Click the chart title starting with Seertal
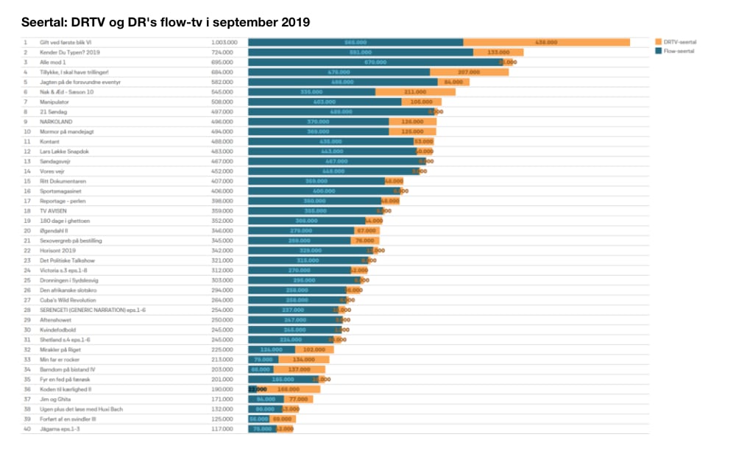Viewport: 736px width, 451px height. click(166, 22)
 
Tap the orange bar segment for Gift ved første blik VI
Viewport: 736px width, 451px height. click(545, 43)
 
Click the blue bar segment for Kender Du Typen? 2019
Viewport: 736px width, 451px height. click(361, 53)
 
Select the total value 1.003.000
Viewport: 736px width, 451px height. click(224, 43)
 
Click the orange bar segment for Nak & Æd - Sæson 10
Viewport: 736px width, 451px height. click(415, 92)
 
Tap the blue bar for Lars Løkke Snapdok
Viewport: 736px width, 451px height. click(331, 151)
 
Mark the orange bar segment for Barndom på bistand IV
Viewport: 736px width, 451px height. click(299, 369)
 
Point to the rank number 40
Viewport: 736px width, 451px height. click(26, 428)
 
